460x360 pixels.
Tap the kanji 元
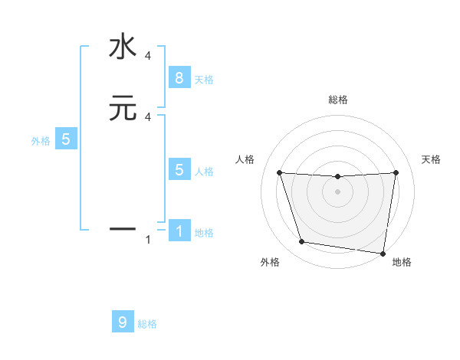pyautogui.click(x=123, y=108)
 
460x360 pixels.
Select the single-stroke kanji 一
pyautogui.click(x=123, y=227)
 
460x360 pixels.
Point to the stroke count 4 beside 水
pyautogui.click(x=147, y=56)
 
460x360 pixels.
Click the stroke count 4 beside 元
pyautogui.click(x=147, y=116)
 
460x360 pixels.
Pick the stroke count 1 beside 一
pyautogui.click(x=147, y=241)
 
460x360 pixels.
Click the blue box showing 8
pyautogui.click(x=179, y=78)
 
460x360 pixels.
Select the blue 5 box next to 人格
pyautogui.click(x=179, y=170)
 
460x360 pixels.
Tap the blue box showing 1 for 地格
pyautogui.click(x=179, y=231)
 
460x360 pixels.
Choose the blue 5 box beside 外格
pyautogui.click(x=66, y=139)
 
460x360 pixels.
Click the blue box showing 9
pyautogui.click(x=123, y=322)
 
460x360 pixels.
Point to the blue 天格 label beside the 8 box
pyautogui.click(x=204, y=80)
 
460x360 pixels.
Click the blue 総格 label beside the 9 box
pyautogui.click(x=147, y=325)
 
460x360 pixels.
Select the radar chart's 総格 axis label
pyautogui.click(x=338, y=100)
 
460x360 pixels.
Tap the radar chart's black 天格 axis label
pyautogui.click(x=431, y=159)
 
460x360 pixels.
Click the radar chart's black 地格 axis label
pyautogui.click(x=402, y=262)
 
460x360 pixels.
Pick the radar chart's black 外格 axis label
pyautogui.click(x=270, y=262)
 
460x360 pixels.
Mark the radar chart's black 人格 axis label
pyautogui.click(x=245, y=159)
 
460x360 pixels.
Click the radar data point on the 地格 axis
pyautogui.click(x=383, y=253)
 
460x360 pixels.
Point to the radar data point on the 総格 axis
pyautogui.click(x=338, y=177)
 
